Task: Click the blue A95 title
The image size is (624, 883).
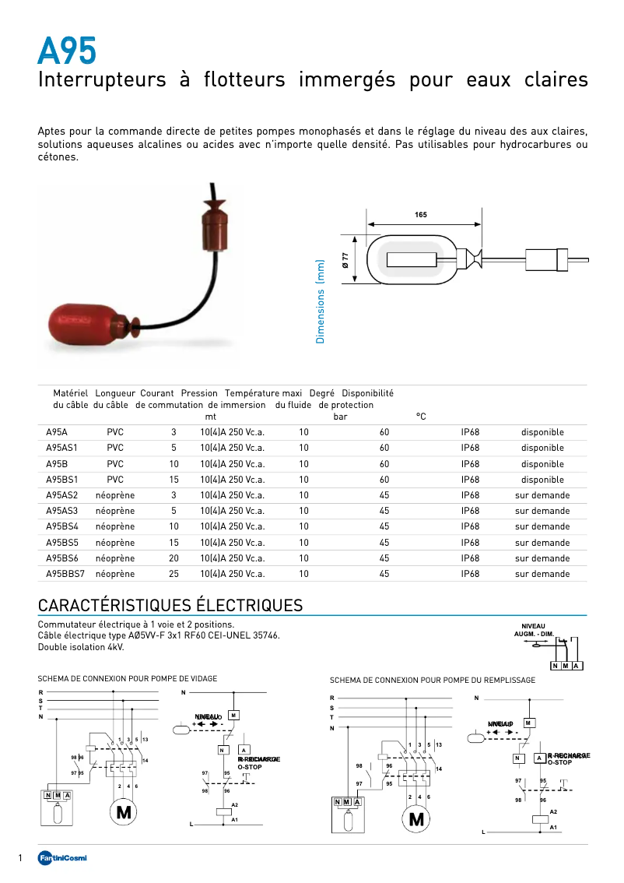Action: click(68, 51)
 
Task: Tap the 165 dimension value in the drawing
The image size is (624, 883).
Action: click(421, 214)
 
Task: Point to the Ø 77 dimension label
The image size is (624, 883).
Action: click(345, 261)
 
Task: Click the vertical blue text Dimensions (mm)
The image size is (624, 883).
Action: click(320, 301)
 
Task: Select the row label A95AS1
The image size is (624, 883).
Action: click(61, 448)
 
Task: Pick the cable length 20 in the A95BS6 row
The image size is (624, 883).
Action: click(174, 558)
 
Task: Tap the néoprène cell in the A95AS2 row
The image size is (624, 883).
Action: click(115, 495)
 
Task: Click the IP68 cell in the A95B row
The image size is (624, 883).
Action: click(470, 463)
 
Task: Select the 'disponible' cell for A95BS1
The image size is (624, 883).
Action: click(542, 480)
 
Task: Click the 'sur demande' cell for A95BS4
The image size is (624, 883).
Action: click(542, 526)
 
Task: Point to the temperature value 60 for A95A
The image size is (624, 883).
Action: click(384, 432)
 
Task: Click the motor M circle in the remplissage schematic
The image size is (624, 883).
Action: click(416, 818)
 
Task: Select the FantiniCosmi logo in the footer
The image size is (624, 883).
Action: click(63, 858)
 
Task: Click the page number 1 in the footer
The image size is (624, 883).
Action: click(19, 858)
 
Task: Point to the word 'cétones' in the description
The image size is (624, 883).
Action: click(57, 157)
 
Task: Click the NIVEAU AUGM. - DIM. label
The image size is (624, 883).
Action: click(534, 629)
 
